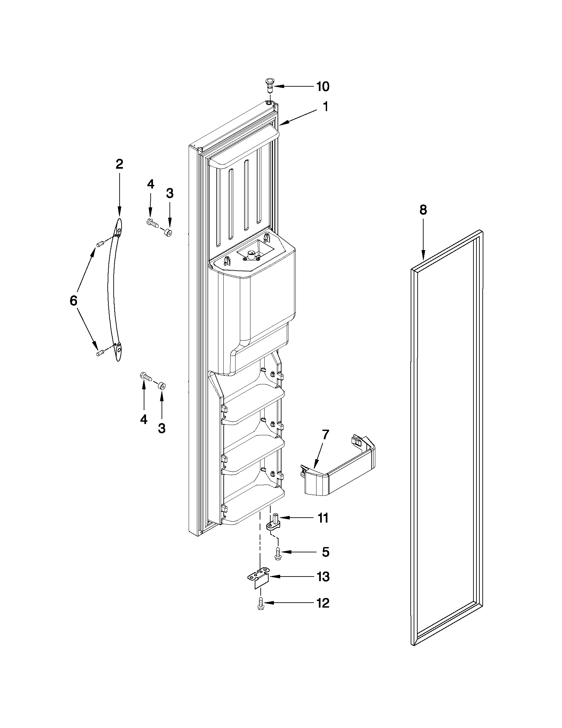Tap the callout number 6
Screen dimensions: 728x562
pos(73,301)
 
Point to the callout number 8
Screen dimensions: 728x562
pos(423,210)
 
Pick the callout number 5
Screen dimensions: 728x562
pos(325,552)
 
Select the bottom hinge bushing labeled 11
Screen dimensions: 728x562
pos(274,524)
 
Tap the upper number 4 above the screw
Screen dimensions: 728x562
pos(150,184)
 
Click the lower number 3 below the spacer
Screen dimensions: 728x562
pos(162,428)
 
